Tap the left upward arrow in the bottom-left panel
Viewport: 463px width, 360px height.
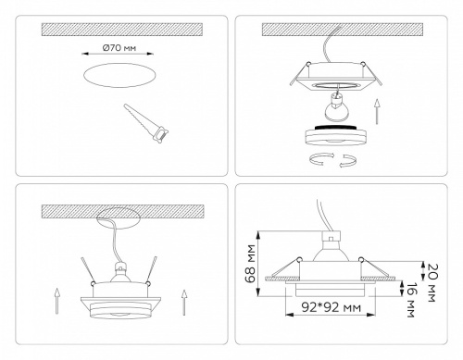point(58,301)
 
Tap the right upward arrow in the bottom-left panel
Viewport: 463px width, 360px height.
point(184,301)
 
